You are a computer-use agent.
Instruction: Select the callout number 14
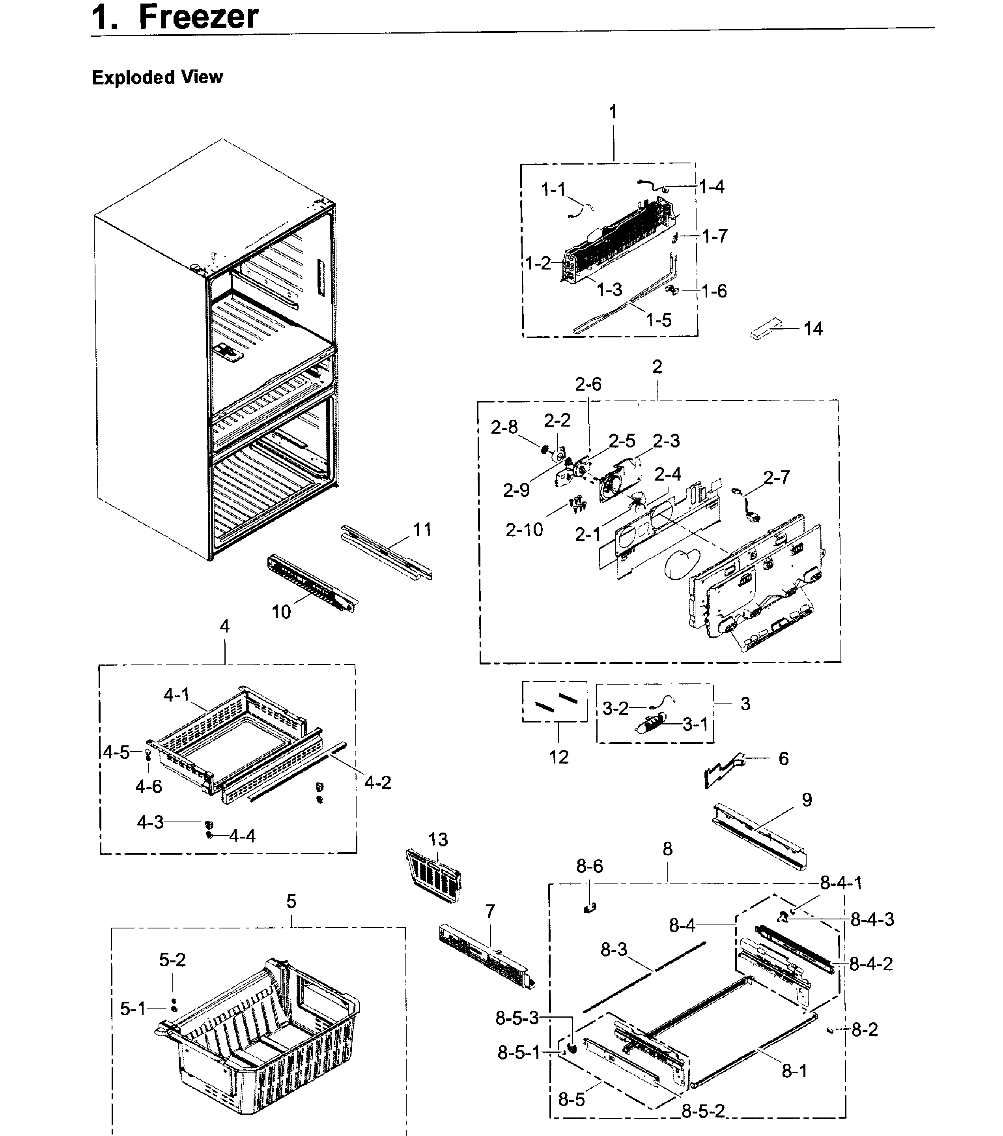pos(812,329)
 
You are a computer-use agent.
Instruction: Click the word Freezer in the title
pos(198,16)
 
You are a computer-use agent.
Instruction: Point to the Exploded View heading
pos(157,77)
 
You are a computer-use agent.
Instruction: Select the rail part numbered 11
pos(386,553)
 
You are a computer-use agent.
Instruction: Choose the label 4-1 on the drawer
pos(176,695)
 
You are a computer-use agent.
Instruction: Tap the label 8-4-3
pos(872,919)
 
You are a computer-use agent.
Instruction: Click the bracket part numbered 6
pos(723,770)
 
